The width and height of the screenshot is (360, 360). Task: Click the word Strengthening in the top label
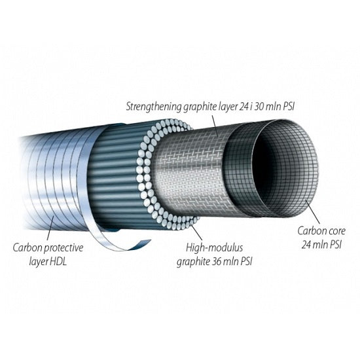coord(154,107)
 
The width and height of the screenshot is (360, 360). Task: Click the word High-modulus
coord(214,248)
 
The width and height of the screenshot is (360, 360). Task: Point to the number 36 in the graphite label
coord(216,262)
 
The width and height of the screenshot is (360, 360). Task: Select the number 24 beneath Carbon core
coord(306,245)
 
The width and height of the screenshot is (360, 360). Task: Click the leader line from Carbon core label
coord(312,211)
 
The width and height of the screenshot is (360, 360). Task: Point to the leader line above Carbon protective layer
coord(51,228)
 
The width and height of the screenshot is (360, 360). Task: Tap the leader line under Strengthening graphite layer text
coord(215,126)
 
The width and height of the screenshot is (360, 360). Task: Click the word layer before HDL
coord(38,262)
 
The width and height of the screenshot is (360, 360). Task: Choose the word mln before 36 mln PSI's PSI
coord(231,262)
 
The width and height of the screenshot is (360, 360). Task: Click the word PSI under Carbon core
coord(336,245)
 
